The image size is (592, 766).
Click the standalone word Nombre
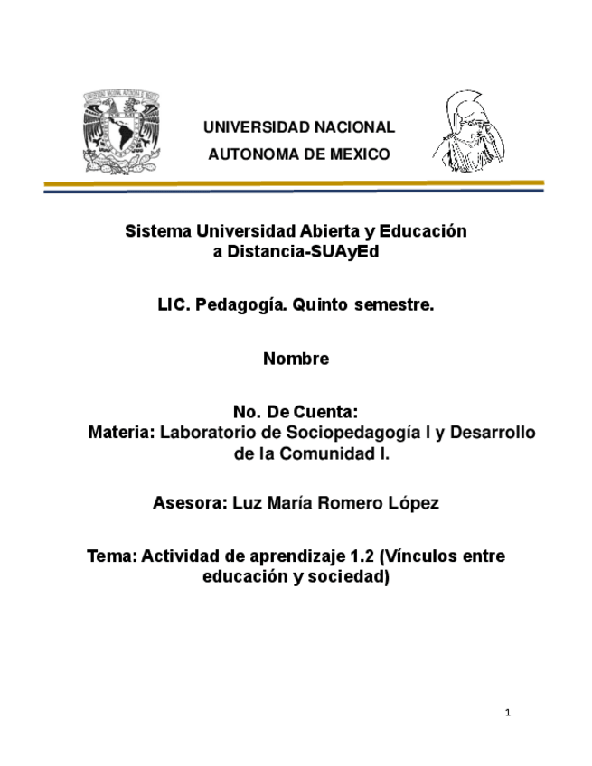[x=296, y=360]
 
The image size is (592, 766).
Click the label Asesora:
[x=189, y=503]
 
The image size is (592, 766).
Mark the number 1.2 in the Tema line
[x=362, y=556]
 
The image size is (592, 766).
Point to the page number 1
[x=508, y=714]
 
